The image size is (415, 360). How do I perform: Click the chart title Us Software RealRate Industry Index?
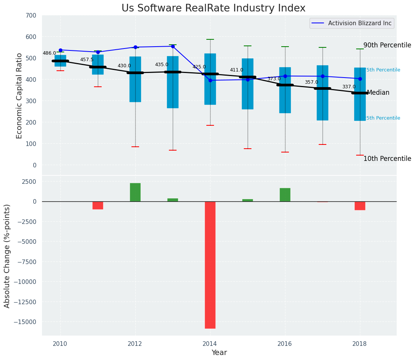click(213, 8)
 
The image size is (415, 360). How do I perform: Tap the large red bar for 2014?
click(210, 264)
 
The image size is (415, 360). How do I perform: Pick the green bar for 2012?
click(135, 192)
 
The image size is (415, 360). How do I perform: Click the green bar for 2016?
click(285, 195)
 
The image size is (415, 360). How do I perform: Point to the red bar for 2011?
click(98, 205)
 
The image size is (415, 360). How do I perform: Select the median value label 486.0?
click(49, 54)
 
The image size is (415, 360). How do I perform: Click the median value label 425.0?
click(199, 67)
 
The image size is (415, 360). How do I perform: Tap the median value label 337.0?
click(349, 87)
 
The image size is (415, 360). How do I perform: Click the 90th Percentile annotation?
click(387, 45)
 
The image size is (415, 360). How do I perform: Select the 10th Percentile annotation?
click(387, 159)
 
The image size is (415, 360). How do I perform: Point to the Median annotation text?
click(378, 93)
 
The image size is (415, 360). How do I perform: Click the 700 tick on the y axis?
click(31, 16)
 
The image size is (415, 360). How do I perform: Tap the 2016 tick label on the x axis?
click(285, 344)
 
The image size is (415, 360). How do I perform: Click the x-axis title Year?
click(219, 353)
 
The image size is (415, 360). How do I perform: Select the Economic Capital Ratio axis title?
click(19, 96)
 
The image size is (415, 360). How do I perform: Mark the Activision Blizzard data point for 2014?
click(210, 80)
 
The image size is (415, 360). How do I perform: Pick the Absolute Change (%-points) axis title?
click(7, 256)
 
